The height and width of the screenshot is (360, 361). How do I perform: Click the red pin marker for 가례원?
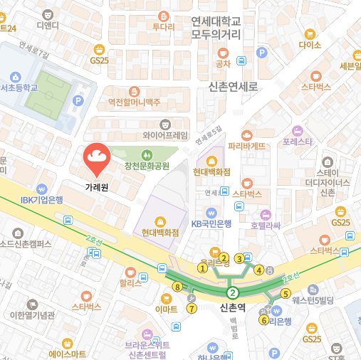[96, 159]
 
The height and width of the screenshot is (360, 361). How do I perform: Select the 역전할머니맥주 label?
[134, 102]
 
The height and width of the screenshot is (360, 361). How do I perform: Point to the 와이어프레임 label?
[165, 134]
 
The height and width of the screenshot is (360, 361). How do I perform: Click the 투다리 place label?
[163, 27]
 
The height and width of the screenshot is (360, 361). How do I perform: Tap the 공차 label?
[223, 63]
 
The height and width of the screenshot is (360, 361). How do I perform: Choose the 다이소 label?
[310, 44]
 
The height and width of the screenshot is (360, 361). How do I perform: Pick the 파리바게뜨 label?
[246, 145]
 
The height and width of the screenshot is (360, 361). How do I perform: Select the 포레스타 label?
[297, 141]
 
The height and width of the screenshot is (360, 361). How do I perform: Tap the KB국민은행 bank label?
[211, 223]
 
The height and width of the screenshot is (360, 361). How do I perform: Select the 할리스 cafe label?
[130, 282]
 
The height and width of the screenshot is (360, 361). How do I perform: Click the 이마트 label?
[166, 309]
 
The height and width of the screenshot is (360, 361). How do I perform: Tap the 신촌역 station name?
[233, 308]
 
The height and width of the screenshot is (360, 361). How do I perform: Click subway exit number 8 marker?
[177, 287]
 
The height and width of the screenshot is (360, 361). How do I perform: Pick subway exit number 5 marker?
[286, 293]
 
